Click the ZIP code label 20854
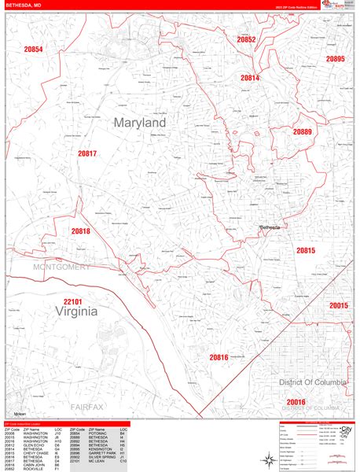pos(33,50)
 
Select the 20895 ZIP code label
pos(335,60)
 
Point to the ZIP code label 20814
pos(250,78)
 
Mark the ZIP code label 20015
pos(339,305)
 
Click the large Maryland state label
pos(139,124)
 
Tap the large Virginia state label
pos(77,312)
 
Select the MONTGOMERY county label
pos(62,267)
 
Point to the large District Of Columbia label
pos(311,382)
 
